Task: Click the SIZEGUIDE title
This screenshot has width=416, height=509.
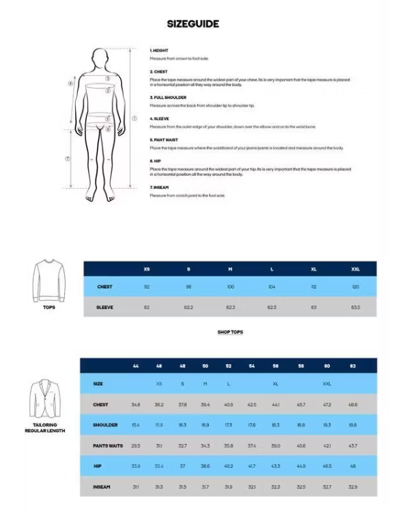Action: tap(193, 24)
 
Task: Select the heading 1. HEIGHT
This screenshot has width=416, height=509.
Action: tap(159, 51)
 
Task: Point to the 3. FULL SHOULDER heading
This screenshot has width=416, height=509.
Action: tap(168, 98)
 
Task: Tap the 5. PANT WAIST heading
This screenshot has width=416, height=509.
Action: tap(165, 140)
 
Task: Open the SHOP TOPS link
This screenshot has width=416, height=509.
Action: tap(230, 332)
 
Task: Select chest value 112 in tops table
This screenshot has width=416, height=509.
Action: tap(314, 287)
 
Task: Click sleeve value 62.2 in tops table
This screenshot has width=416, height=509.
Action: tap(189, 307)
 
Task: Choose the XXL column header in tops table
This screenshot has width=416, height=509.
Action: tap(355, 269)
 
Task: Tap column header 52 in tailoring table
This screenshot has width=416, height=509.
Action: tap(228, 366)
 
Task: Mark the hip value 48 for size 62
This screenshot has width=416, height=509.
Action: tap(352, 466)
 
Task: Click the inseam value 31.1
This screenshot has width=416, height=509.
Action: tap(136, 486)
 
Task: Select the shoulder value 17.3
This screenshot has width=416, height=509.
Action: tap(228, 425)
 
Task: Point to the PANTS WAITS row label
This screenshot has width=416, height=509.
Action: tap(108, 445)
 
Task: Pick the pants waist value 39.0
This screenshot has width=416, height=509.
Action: tap(275, 445)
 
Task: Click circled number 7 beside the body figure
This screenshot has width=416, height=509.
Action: tap(68, 158)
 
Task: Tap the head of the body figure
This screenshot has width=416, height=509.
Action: tap(101, 60)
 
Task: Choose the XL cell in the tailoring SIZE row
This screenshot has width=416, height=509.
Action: tap(275, 384)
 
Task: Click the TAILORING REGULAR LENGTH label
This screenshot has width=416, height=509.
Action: tap(44, 428)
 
